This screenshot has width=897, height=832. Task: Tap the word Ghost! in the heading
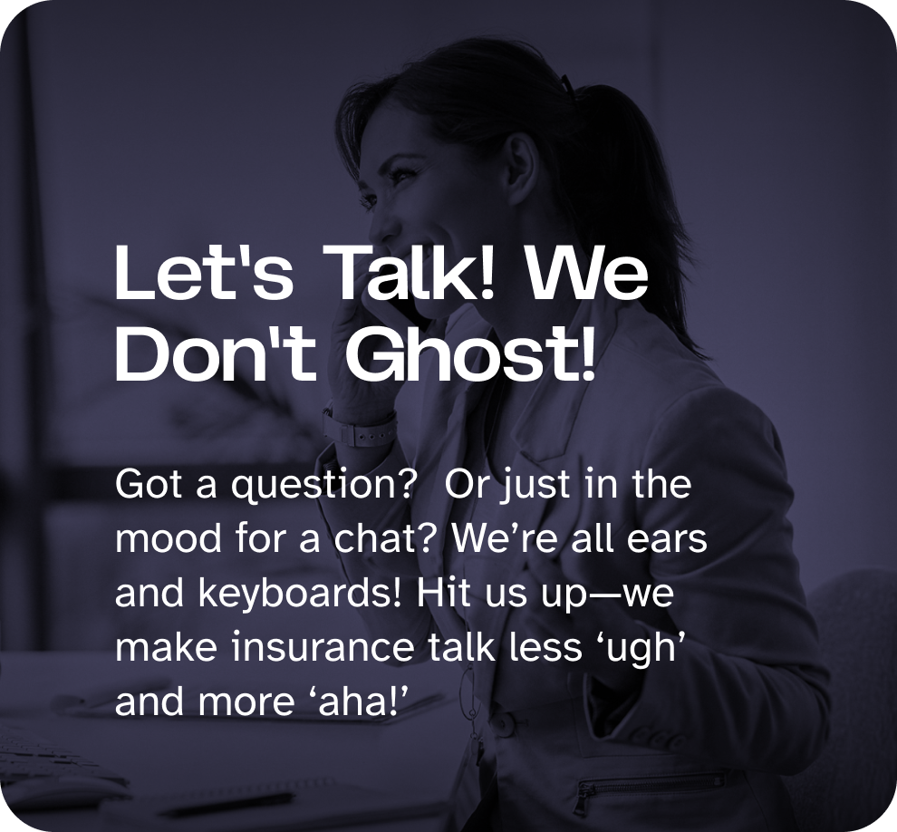click(x=471, y=353)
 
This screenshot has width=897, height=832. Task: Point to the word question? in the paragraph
click(x=322, y=485)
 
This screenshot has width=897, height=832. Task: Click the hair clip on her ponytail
click(x=566, y=84)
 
